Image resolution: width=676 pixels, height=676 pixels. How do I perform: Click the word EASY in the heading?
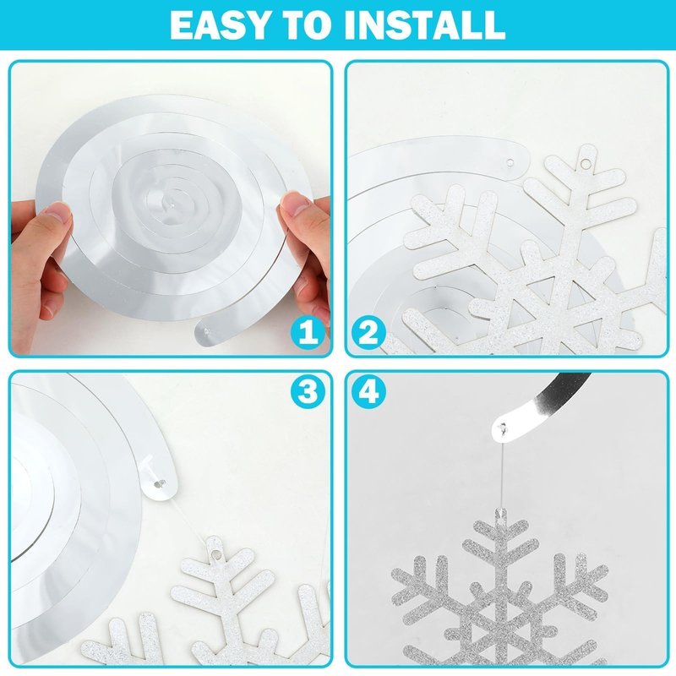(x=220, y=25)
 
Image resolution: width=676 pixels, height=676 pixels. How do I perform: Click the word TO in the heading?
(x=308, y=25)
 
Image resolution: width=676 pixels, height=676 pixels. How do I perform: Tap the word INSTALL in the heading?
(x=425, y=25)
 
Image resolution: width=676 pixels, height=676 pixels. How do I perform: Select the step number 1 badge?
(x=307, y=333)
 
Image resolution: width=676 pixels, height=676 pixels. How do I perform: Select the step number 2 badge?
(x=368, y=333)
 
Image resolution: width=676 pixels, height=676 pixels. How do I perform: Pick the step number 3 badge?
(x=307, y=392)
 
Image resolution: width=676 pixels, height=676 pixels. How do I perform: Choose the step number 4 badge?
(x=368, y=392)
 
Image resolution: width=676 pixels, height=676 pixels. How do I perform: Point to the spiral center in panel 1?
(x=172, y=206)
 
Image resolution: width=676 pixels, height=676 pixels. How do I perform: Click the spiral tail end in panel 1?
(x=207, y=331)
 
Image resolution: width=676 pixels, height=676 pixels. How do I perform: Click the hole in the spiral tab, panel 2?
(x=510, y=163)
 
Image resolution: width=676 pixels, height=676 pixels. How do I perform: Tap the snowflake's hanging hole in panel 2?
(x=585, y=164)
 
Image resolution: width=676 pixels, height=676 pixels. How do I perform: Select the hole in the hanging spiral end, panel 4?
(x=503, y=428)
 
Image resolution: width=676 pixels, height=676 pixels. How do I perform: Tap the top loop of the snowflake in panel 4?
(x=501, y=514)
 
